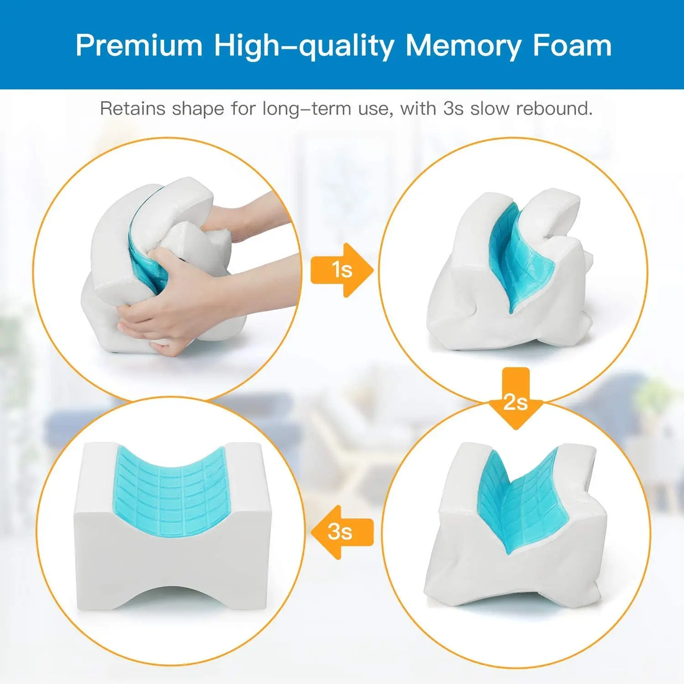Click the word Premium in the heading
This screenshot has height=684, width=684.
point(139,46)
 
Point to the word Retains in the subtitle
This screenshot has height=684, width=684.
point(133,109)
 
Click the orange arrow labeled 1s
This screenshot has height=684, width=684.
point(342,270)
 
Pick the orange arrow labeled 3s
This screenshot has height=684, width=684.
point(342,532)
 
